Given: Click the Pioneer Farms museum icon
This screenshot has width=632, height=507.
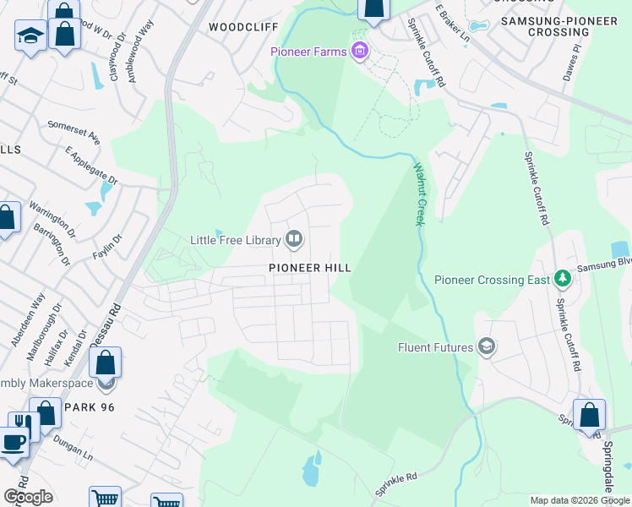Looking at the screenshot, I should pos(361,52).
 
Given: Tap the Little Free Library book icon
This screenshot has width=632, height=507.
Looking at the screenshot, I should pos(294,240).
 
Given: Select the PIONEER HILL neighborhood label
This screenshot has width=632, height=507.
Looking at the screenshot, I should pos(309,267).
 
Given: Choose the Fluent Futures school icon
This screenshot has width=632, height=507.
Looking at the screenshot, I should pos(487,346).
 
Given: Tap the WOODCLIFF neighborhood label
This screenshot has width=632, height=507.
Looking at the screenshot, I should pos(242,27).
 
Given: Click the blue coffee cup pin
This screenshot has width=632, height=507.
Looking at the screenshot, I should pos(14,443).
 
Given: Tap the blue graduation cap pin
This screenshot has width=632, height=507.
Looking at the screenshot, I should pos(30,35).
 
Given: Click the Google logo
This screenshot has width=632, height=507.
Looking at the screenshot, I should pos(28,497).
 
